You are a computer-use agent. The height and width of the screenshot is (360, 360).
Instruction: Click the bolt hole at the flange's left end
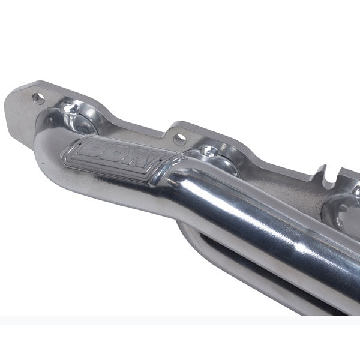tap(40, 99)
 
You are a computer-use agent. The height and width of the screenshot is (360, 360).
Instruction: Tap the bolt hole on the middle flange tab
tap(179, 139)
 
